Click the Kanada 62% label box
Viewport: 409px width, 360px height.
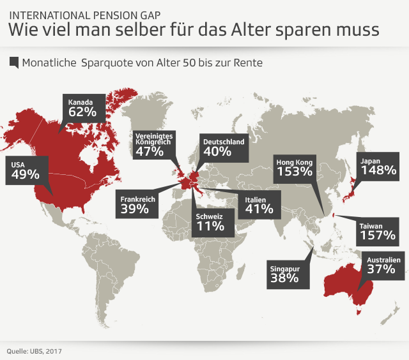[x=82, y=107]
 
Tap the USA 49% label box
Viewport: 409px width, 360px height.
[x=26, y=170]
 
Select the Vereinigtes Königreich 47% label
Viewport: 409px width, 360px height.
[x=153, y=145]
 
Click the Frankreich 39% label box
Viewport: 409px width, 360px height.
[x=137, y=204]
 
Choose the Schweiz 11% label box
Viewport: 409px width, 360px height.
[x=210, y=221]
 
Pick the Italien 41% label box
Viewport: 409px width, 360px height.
[x=259, y=204]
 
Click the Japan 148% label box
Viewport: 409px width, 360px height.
[x=377, y=166]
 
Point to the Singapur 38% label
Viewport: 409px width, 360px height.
[x=284, y=273]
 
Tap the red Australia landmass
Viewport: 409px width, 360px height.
[x=345, y=281]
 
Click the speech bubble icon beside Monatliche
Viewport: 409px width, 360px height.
[x=14, y=63]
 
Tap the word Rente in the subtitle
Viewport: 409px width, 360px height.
[x=248, y=63]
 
